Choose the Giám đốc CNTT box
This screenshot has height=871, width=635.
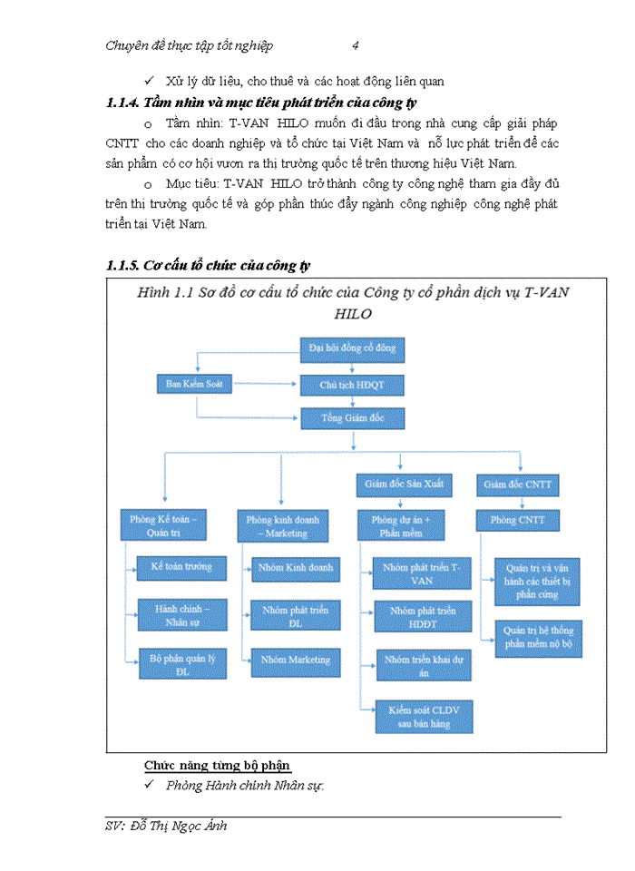pyautogui.click(x=518, y=485)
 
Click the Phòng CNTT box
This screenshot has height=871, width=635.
pyautogui.click(x=518, y=521)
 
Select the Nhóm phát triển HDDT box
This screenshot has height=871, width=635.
pyautogui.click(x=422, y=617)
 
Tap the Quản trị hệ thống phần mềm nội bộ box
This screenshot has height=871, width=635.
pyautogui.click(x=538, y=639)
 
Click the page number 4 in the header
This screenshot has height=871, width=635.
pyautogui.click(x=356, y=45)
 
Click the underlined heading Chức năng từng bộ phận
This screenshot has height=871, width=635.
pyautogui.click(x=218, y=765)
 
